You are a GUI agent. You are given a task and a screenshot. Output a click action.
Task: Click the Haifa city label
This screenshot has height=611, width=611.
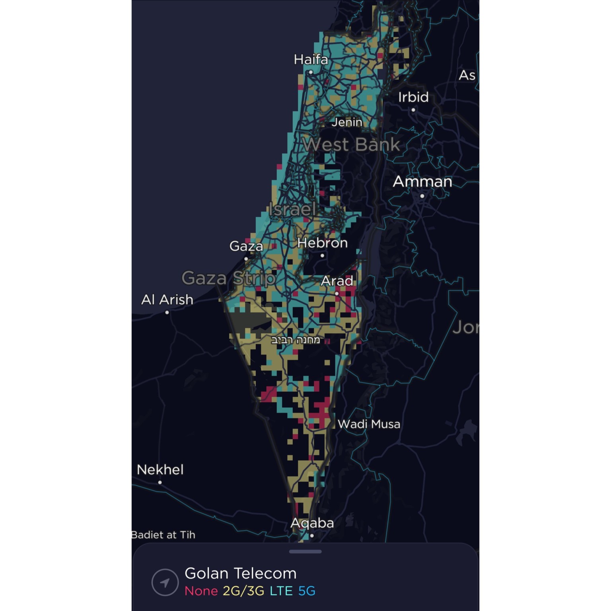311,60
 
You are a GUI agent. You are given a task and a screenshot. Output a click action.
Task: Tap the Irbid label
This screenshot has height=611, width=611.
413,97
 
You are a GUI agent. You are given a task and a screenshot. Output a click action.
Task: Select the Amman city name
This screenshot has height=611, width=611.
422,182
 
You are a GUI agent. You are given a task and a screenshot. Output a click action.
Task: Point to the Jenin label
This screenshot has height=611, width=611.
347,122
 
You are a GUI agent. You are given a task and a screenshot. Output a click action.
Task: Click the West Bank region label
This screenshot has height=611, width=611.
351,144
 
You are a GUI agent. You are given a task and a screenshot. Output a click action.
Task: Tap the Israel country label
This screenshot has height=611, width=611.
292,209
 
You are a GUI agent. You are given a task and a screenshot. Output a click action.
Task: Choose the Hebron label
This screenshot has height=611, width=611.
322,243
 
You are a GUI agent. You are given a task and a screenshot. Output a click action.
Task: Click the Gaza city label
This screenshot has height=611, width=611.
246,246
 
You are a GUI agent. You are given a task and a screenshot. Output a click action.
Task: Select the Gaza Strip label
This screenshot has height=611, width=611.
229,278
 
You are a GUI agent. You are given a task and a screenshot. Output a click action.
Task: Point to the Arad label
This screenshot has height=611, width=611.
337,281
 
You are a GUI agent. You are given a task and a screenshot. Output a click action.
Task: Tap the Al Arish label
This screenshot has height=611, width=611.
167,300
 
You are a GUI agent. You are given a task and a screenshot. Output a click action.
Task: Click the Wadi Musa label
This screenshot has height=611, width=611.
369,424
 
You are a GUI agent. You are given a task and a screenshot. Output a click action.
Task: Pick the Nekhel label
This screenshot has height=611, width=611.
160,470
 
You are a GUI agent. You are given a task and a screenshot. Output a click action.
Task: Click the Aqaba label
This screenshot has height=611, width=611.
312,523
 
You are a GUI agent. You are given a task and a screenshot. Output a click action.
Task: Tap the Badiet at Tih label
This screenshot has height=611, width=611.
163,535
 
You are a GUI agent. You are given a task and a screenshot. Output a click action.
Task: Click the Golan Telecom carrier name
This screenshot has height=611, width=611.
241,573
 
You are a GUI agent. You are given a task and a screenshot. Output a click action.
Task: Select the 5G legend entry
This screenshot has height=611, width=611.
307,591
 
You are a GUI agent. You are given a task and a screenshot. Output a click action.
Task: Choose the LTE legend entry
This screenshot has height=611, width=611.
281,591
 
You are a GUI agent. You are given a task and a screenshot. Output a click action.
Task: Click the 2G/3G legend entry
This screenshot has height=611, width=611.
243,591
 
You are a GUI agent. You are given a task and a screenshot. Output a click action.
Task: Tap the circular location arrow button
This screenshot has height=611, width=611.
165,582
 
